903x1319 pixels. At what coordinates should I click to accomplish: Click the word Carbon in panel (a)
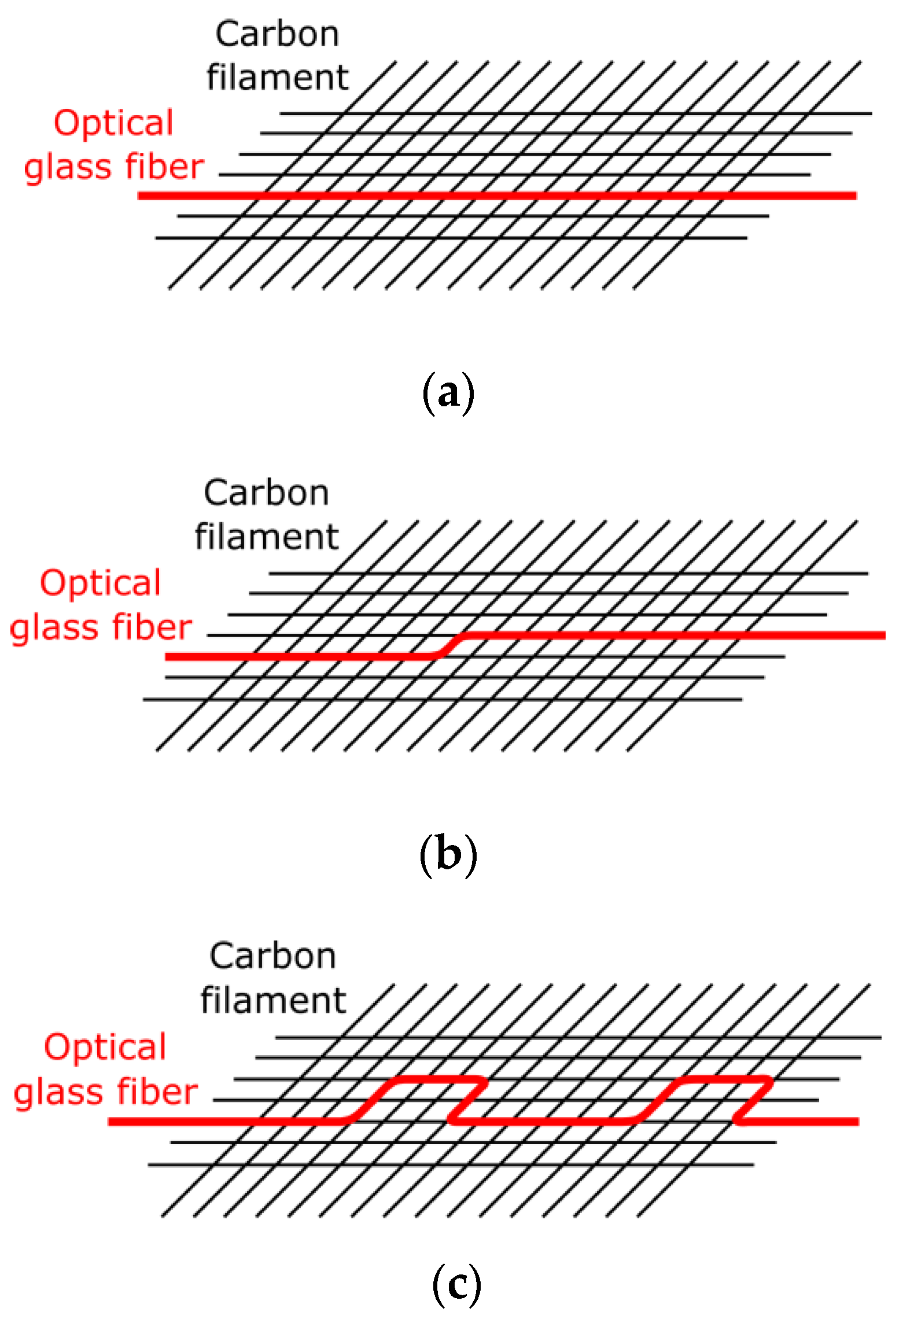pos(277,34)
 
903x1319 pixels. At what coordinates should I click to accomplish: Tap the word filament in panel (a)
pos(278,78)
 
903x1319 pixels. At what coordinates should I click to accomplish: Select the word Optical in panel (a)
pos(113,123)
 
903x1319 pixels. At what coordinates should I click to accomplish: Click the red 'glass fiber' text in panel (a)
pos(114,167)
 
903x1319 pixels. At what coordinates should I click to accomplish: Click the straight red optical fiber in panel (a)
pos(497,196)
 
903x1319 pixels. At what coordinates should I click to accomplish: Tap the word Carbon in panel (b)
pos(267,493)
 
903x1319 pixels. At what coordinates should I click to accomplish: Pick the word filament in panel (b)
pos(267,537)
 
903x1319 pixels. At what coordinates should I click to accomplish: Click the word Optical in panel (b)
pos(101,583)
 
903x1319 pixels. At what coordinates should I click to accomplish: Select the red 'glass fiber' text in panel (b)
pos(101,628)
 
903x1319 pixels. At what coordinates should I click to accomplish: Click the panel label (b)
pos(448,854)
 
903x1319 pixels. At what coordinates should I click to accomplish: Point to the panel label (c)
pos(456,1284)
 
